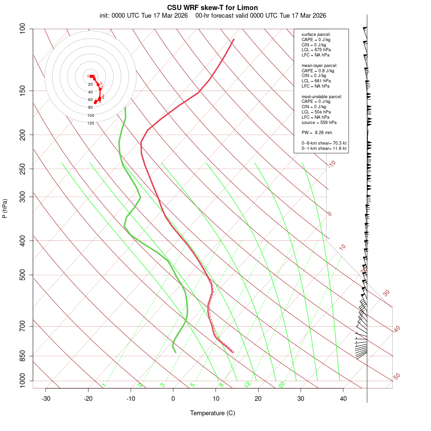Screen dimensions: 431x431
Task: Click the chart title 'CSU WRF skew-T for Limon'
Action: (213, 8)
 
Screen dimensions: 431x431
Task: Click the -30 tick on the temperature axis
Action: (46, 398)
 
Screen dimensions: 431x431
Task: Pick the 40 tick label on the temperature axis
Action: (343, 398)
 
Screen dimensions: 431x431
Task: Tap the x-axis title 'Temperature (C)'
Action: (213, 413)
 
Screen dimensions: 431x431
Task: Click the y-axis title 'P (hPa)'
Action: (5, 208)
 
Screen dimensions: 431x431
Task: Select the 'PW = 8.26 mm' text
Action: (317, 133)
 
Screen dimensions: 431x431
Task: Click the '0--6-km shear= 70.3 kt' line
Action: (324, 143)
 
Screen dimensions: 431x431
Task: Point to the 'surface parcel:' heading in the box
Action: (316, 34)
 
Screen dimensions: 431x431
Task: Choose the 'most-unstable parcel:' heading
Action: (322, 96)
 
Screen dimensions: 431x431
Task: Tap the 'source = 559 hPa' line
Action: (318, 123)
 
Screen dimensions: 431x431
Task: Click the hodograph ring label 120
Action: (91, 123)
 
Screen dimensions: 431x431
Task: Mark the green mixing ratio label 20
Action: (282, 384)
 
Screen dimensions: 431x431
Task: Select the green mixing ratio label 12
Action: (248, 384)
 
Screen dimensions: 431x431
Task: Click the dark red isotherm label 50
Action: (397, 376)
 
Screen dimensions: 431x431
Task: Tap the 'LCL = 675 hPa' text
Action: (316, 50)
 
